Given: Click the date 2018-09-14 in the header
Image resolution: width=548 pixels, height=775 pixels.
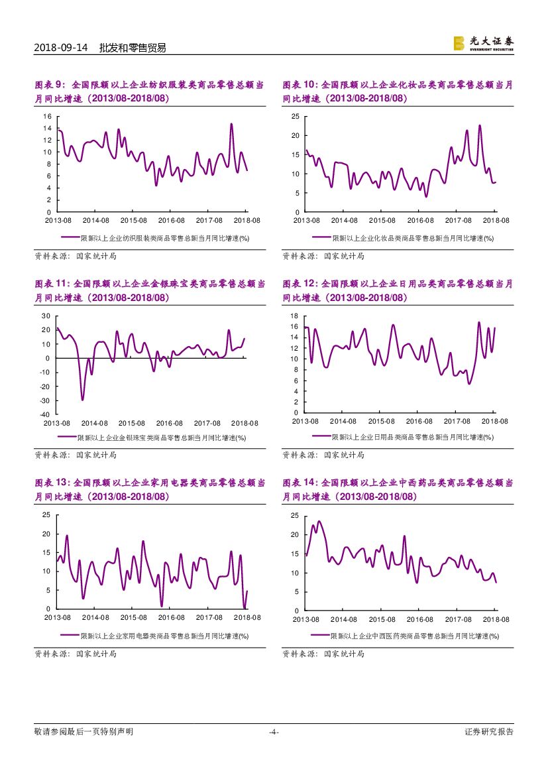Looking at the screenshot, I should click(x=60, y=48).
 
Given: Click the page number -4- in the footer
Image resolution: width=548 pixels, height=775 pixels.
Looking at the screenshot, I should click(x=274, y=732).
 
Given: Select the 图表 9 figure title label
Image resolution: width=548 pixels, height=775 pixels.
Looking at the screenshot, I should click(x=50, y=85).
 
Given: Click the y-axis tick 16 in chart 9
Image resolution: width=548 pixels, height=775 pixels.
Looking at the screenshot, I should click(x=48, y=116).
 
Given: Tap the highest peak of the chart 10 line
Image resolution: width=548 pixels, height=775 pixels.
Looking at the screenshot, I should click(x=480, y=125).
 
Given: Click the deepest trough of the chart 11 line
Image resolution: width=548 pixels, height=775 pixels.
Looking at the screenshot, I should click(x=83, y=400).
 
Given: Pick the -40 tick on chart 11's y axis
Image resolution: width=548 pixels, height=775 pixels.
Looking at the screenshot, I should click(x=46, y=414).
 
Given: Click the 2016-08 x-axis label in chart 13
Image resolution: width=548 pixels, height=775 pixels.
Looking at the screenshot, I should click(x=170, y=617).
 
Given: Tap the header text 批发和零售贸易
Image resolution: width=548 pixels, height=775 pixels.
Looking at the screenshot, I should click(x=133, y=48).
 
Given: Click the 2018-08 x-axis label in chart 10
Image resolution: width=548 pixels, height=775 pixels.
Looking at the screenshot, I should click(x=495, y=220).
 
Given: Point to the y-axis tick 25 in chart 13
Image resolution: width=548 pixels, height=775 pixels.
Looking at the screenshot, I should click(x=46, y=514).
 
